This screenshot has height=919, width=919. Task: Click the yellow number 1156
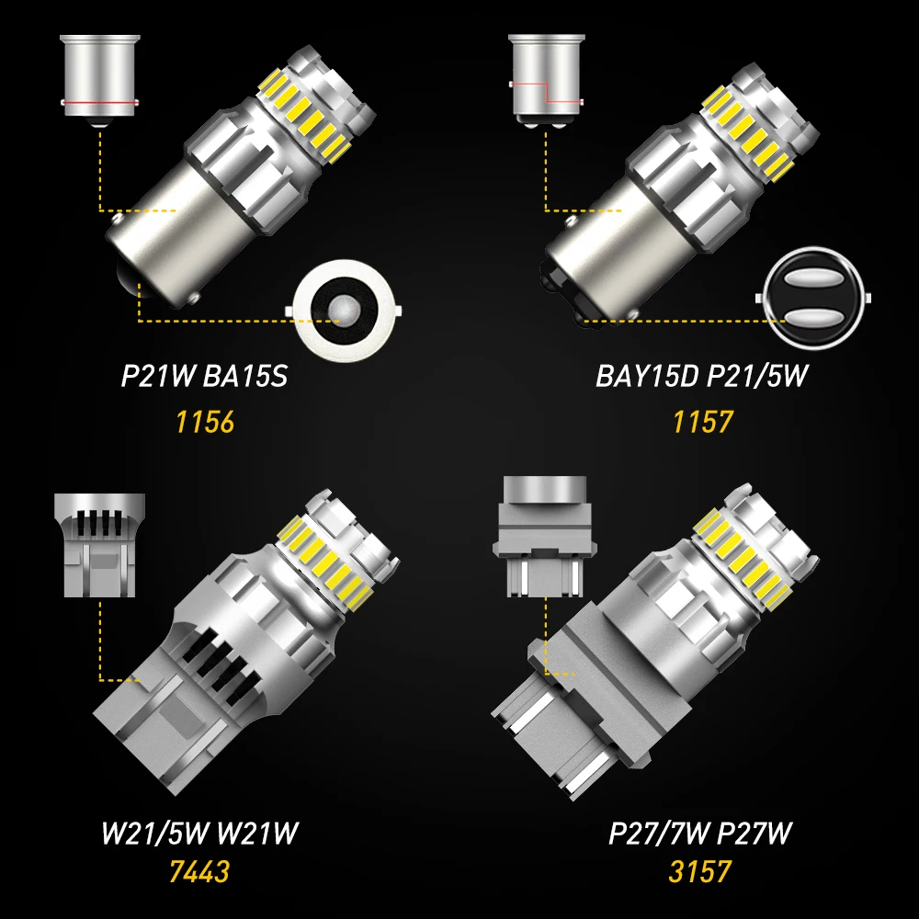205,422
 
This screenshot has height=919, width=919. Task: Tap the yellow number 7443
199,868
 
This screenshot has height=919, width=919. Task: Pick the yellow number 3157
700,868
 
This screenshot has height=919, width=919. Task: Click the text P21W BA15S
204,377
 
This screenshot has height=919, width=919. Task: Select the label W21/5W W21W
199,834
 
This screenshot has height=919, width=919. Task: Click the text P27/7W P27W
700,834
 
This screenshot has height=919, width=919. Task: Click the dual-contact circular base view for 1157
810,297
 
